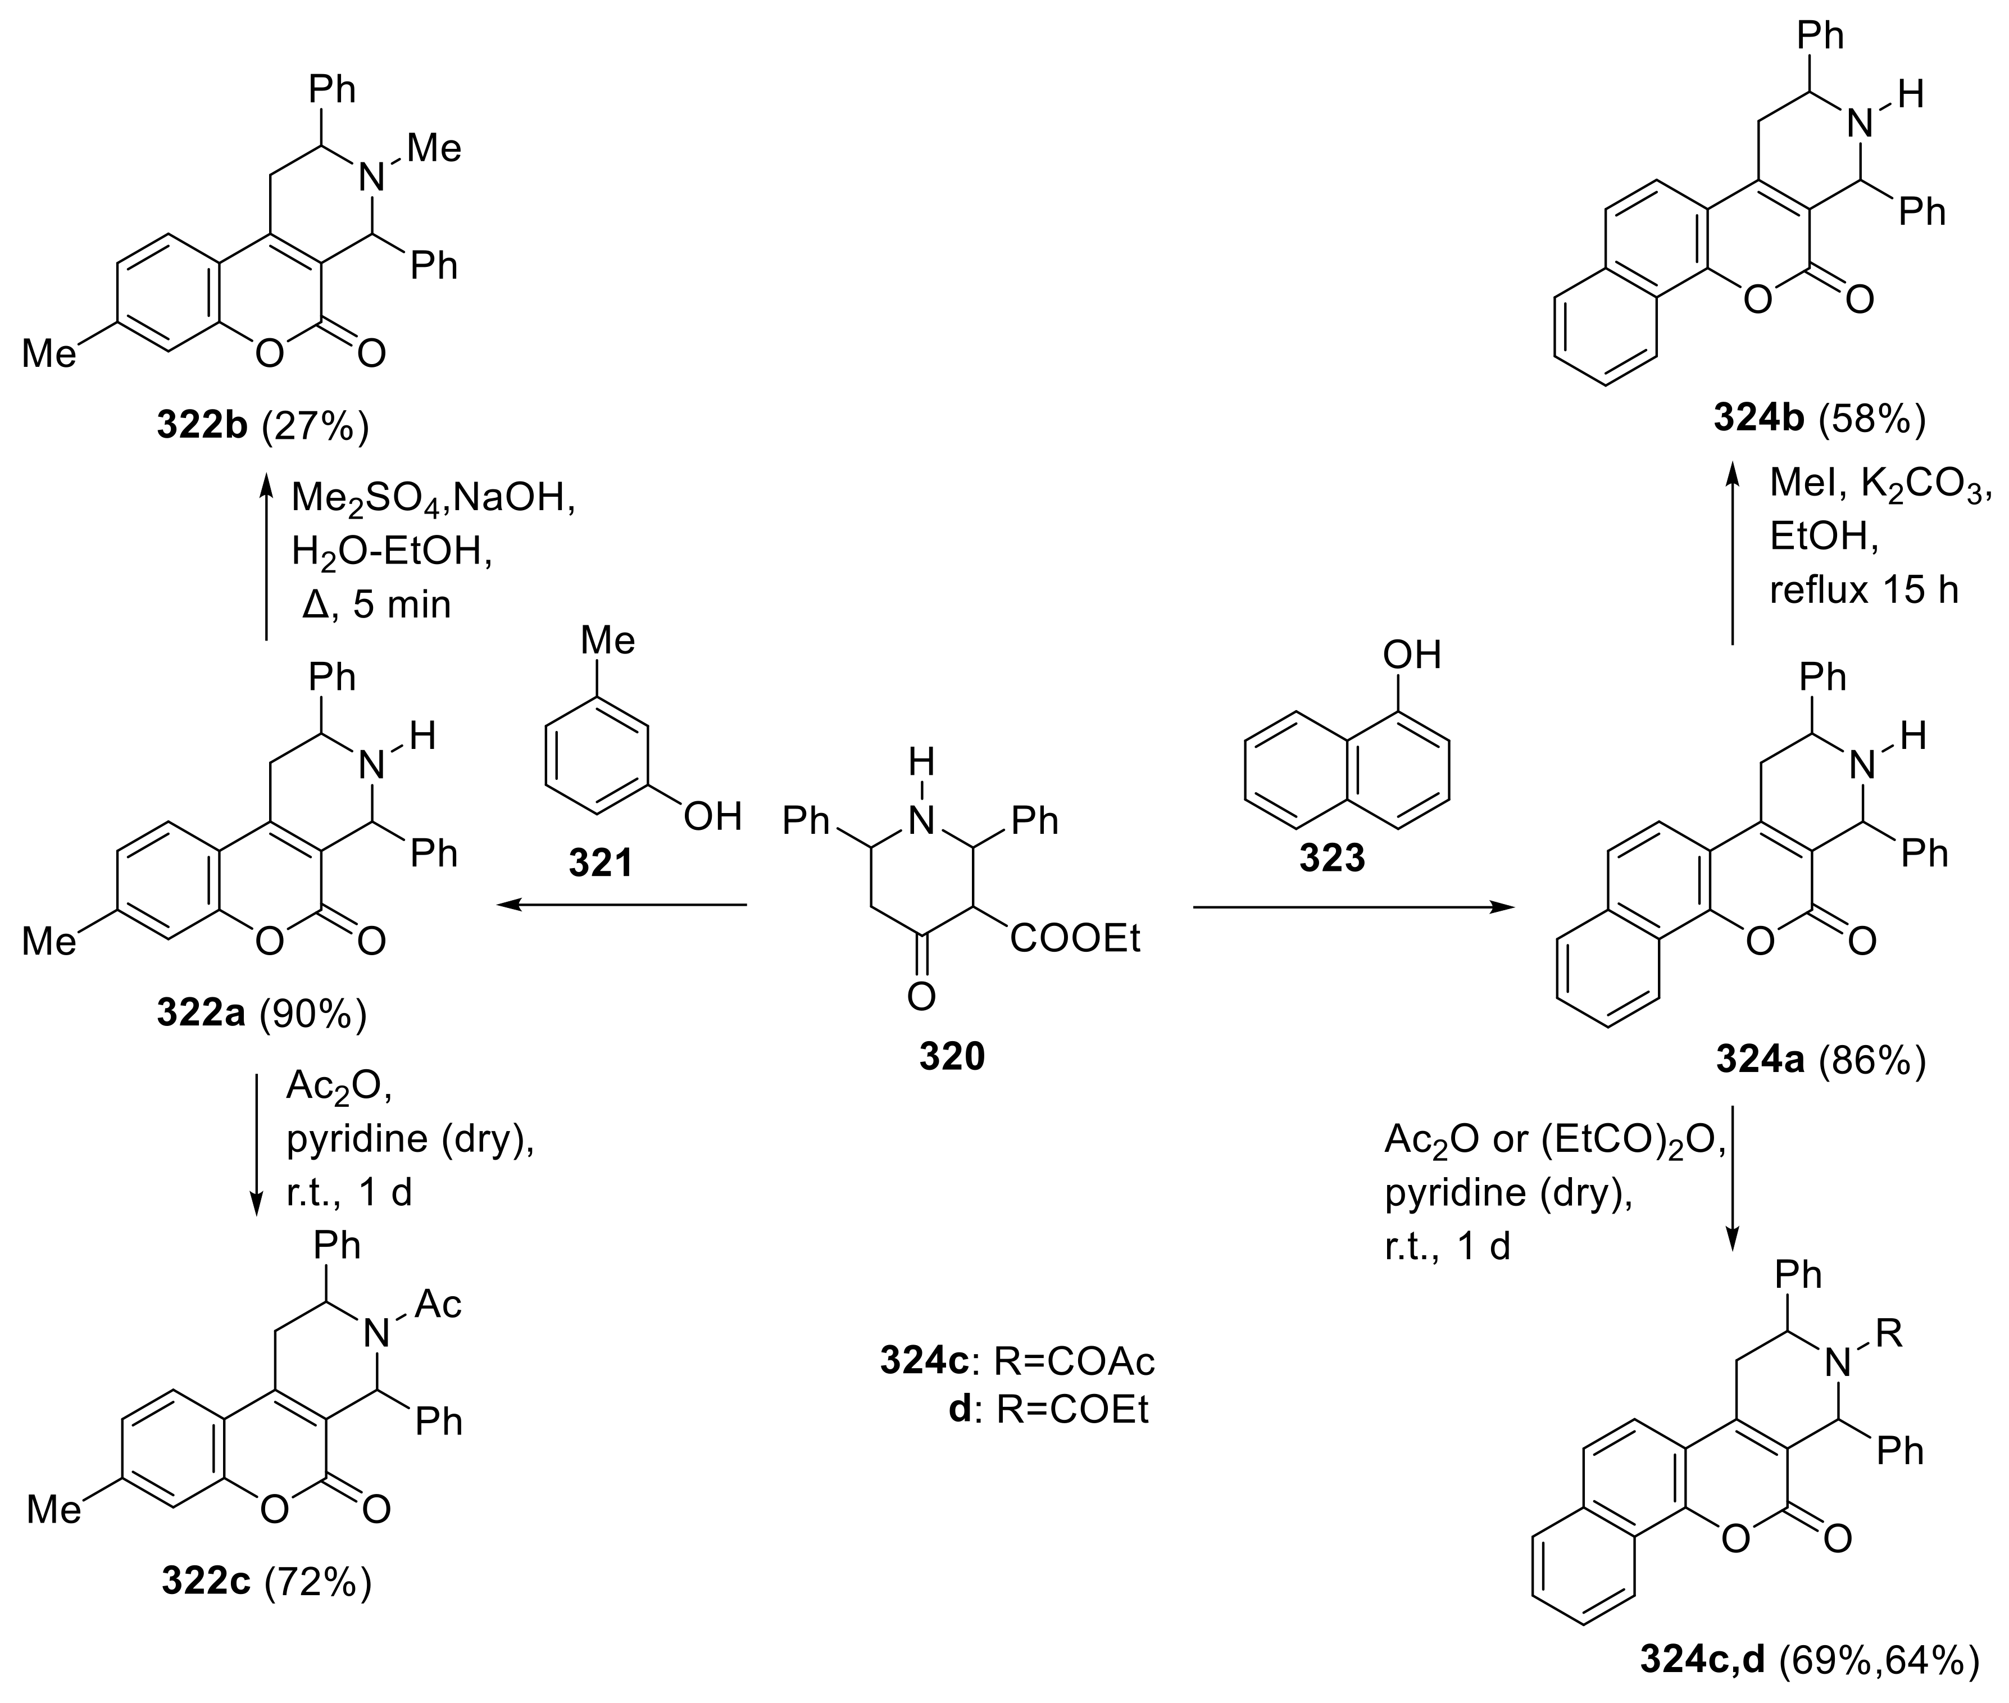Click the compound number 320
951,1057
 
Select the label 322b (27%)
262,426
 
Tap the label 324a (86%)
1820,1060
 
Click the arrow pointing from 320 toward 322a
622,905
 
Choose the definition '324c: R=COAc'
1016,1361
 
